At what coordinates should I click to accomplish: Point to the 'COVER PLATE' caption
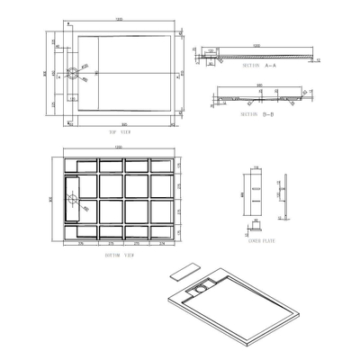pos(262,240)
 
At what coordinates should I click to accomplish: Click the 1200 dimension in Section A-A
pos(257,44)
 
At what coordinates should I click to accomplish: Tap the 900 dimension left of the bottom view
pos(51,201)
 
